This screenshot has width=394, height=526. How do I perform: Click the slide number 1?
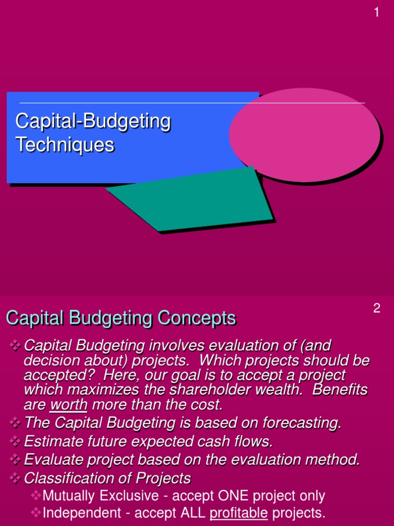tap(377, 12)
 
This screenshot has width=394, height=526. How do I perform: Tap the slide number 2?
tap(377, 308)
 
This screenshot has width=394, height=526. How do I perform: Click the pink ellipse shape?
tap(304, 134)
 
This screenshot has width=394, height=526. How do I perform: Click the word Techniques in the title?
tap(65, 145)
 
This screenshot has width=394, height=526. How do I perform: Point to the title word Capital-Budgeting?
tap(93, 121)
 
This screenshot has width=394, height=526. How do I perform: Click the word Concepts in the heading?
tap(197, 318)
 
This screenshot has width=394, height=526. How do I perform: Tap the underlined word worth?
tap(68, 405)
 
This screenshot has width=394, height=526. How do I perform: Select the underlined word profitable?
tap(239, 512)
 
